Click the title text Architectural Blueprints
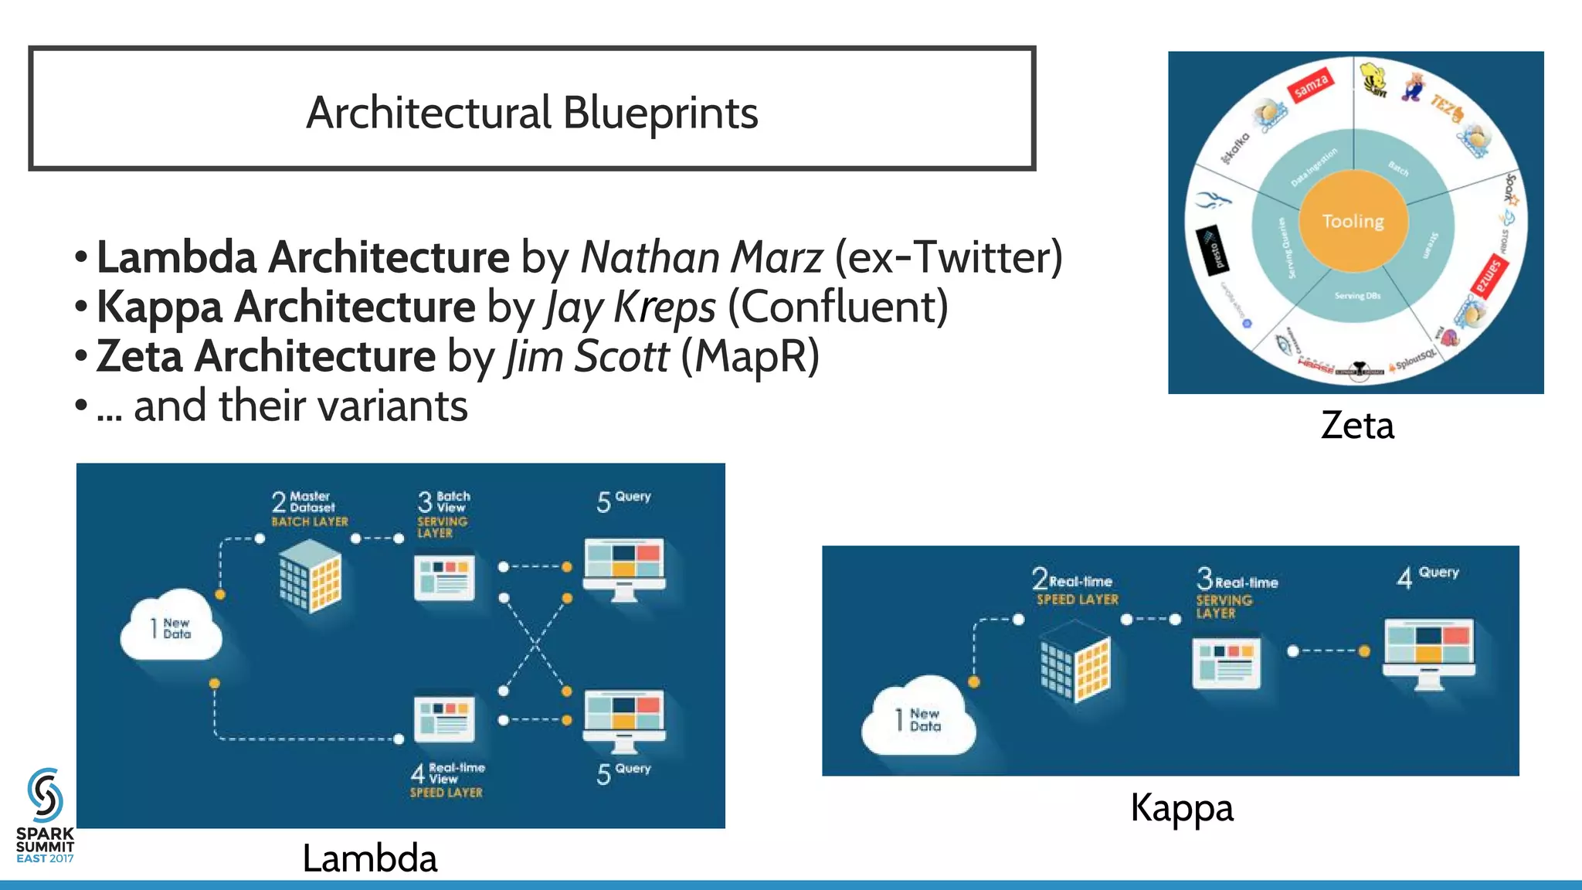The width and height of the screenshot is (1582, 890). [x=531, y=113]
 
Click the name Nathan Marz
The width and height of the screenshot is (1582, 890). [x=701, y=257]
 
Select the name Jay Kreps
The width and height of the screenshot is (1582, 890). [x=630, y=307]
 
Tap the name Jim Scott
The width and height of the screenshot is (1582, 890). [x=587, y=356]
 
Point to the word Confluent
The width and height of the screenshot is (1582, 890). [x=837, y=307]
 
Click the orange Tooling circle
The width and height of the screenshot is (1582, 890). [x=1353, y=221]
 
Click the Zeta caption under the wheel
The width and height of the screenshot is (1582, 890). [x=1357, y=425]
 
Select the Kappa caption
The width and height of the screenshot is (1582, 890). [x=1181, y=808]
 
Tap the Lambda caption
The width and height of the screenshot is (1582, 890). [x=369, y=858]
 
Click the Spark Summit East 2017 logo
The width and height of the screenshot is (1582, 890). [x=45, y=816]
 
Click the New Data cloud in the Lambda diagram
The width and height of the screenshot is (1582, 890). [x=171, y=627]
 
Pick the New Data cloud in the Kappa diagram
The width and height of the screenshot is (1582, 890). [x=918, y=718]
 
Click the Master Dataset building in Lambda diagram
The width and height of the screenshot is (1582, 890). [x=310, y=576]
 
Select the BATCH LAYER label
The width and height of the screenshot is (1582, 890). [x=310, y=522]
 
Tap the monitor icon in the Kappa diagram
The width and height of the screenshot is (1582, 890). [x=1428, y=652]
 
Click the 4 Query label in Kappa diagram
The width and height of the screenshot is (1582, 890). [x=1428, y=575]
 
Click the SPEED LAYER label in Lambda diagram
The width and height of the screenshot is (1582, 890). [x=446, y=793]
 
